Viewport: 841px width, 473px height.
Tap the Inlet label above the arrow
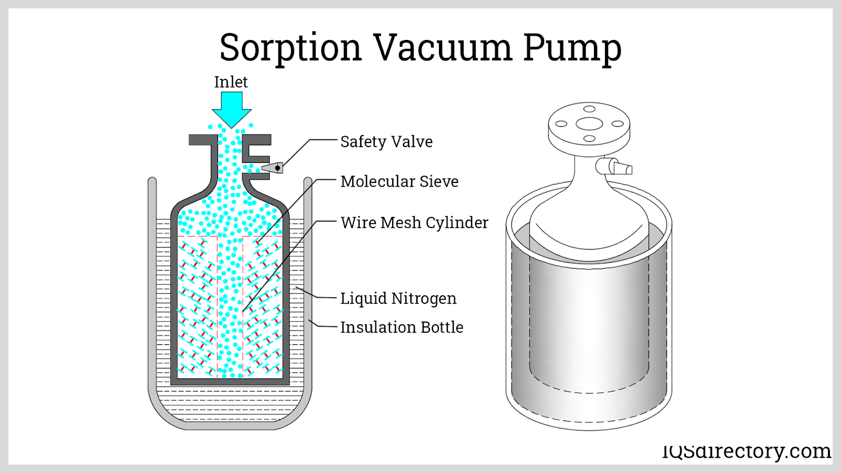(x=231, y=82)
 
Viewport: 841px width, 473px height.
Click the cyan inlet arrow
(x=231, y=108)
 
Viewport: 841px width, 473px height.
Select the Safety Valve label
(x=386, y=141)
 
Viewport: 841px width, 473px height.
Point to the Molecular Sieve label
(x=399, y=181)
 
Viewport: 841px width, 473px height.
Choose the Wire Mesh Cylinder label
(x=414, y=222)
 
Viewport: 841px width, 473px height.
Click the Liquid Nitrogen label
(x=398, y=298)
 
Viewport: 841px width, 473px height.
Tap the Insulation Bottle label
(x=402, y=327)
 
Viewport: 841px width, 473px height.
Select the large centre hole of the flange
(x=589, y=124)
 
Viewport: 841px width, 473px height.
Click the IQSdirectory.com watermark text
(x=746, y=451)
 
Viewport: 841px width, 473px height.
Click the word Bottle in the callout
(x=442, y=327)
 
